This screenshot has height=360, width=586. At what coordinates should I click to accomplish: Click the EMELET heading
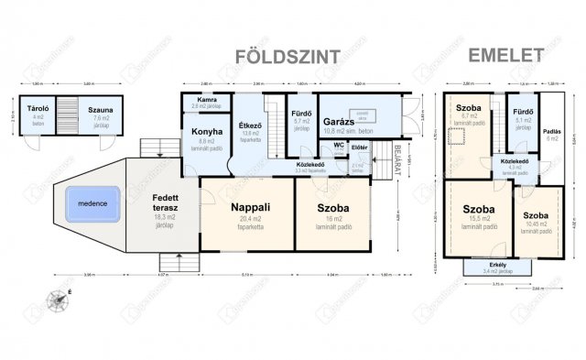pos(503,55)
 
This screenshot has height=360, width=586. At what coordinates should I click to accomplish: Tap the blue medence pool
pos(93,202)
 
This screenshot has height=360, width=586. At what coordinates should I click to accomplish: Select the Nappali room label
pos(247,207)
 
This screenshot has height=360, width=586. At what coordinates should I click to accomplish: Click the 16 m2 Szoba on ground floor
pos(331,207)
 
